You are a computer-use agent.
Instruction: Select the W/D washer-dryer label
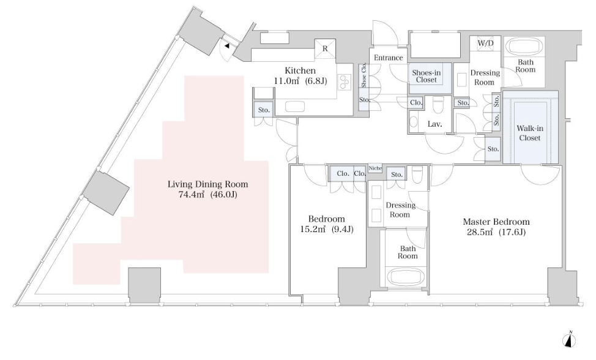tap(485, 43)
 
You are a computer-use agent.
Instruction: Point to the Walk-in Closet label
tap(529, 133)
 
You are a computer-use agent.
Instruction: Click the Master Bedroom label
tap(496, 222)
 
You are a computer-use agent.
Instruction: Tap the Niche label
tap(374, 168)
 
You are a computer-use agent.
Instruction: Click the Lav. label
tap(435, 124)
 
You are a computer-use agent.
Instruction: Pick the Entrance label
tap(389, 58)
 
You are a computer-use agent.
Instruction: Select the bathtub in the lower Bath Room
tap(403, 276)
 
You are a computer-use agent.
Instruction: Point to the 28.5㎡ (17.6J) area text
tap(496, 233)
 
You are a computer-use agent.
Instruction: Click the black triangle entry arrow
tap(226, 45)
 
